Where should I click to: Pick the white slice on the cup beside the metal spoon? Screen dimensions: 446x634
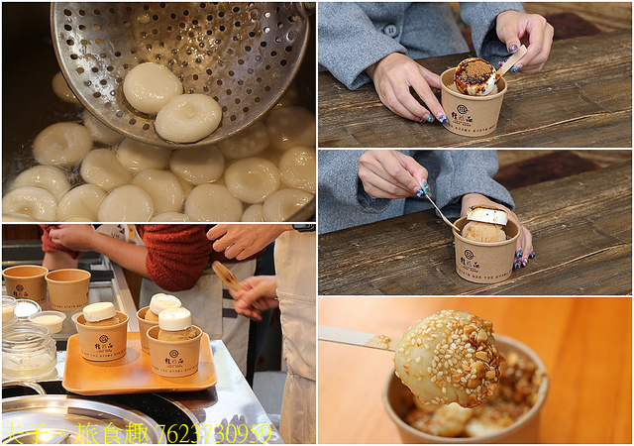click(x=487, y=216)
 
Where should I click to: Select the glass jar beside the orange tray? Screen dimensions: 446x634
click(x=27, y=350)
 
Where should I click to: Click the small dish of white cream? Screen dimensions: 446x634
click(x=47, y=321)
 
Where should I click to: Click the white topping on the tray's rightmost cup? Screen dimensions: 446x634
click(x=174, y=318)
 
